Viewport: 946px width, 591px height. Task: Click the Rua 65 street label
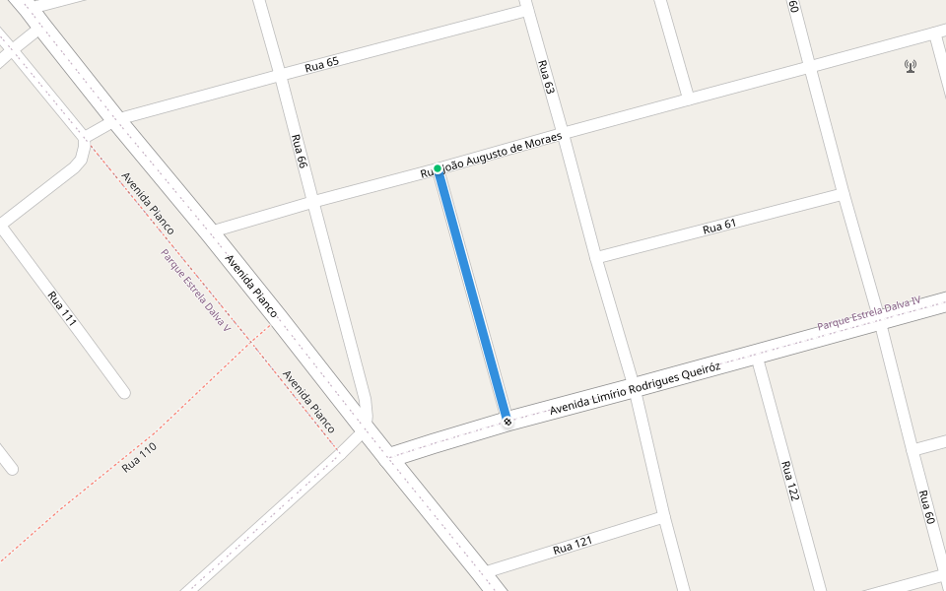coord(321,64)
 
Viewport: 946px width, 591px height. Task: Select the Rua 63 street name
coord(546,77)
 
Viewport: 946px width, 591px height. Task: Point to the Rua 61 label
coord(719,227)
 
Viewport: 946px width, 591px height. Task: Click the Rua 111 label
coord(62,308)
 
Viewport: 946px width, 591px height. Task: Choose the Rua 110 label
coord(139,457)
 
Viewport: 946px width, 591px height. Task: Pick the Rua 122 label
coord(787,481)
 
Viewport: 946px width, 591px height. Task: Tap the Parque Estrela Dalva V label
coord(195,289)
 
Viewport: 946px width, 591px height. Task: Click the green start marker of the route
coord(438,168)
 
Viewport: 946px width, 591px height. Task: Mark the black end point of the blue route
coord(507,422)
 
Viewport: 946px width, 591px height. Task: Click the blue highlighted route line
coord(472,295)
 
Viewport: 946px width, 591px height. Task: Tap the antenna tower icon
coord(910,66)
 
